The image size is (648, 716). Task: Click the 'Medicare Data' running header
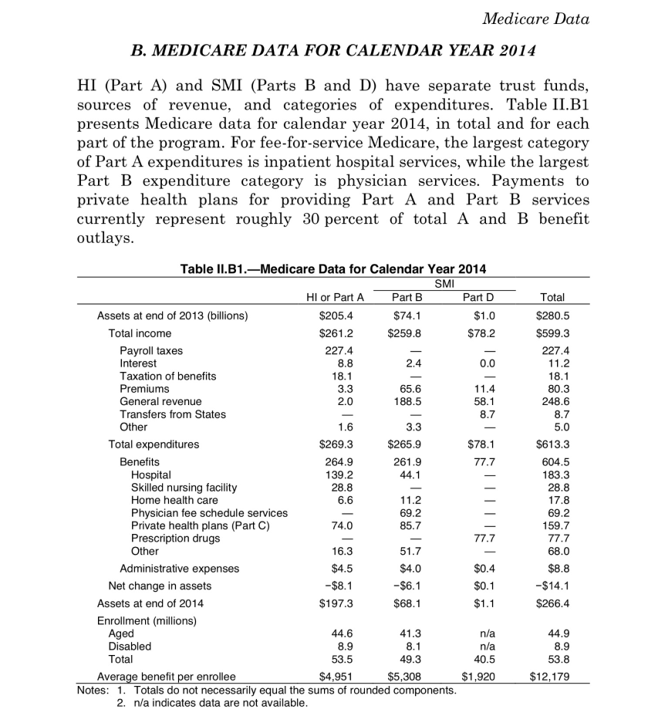tap(536, 19)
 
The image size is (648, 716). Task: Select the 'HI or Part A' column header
tap(331, 296)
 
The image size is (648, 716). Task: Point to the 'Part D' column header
tap(477, 296)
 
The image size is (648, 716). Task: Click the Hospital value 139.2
tap(340, 475)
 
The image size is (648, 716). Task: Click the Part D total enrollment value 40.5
tap(481, 659)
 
